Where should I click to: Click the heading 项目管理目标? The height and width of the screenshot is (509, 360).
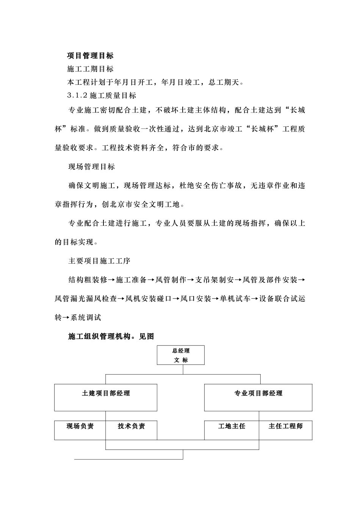[x=90, y=56]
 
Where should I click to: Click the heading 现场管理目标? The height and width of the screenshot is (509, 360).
[x=91, y=167]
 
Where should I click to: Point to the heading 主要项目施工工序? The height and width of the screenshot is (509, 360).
[x=99, y=261]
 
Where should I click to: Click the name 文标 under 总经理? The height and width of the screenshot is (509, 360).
[x=181, y=360]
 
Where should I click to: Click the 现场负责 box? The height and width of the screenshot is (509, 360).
[x=80, y=429]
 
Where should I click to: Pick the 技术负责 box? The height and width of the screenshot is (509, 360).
[x=131, y=429]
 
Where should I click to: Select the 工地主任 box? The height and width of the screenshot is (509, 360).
[x=232, y=429]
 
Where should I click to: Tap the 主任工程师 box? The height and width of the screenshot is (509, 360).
[x=285, y=429]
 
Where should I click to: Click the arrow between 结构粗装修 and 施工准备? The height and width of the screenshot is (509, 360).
[x=111, y=280]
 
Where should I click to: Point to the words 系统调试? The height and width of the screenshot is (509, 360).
[x=86, y=318]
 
